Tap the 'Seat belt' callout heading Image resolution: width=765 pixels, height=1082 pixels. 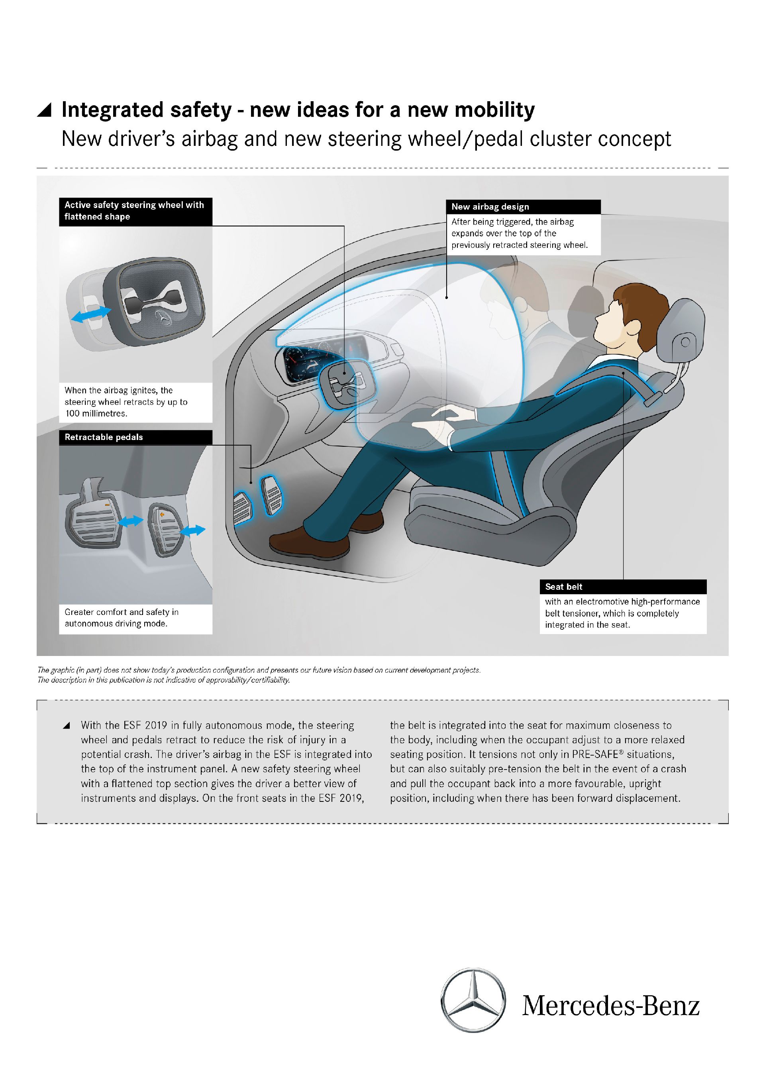click(x=563, y=587)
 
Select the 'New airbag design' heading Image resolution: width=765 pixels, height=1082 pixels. click(x=490, y=207)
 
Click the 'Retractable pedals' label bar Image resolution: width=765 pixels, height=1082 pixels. click(x=104, y=437)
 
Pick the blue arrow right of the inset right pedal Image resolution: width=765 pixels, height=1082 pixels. click(x=193, y=530)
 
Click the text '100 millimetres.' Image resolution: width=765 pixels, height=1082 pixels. click(x=96, y=414)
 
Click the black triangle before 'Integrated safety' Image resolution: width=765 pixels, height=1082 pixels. click(x=45, y=110)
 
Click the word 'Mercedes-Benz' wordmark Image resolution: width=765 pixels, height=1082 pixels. click(x=610, y=1006)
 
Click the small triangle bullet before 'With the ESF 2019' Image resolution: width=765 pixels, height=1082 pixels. click(x=67, y=726)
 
